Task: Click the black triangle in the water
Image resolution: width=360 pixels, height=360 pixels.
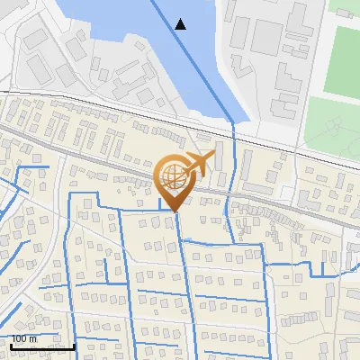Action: (x=181, y=24)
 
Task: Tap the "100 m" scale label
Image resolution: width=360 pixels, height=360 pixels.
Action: (x=23, y=338)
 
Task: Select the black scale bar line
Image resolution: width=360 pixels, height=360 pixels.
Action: (x=42, y=346)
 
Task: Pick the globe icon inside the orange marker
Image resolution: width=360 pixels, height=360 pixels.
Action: (x=176, y=176)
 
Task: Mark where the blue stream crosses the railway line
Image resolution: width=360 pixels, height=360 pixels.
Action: (x=233, y=127)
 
